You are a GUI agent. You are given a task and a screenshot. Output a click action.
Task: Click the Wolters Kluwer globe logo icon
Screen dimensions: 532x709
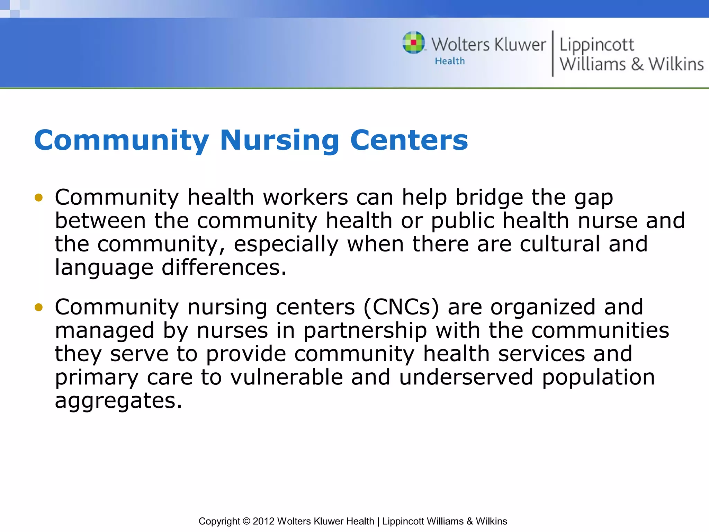[x=413, y=43]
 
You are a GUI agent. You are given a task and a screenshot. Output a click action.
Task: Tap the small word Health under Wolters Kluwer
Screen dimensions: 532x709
[x=450, y=61]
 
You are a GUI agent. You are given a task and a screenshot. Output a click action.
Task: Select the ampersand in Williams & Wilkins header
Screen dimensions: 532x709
[x=637, y=64]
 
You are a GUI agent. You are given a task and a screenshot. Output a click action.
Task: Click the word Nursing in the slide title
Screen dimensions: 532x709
[x=279, y=140]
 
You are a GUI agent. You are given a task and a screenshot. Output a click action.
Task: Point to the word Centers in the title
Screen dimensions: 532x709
[x=409, y=140]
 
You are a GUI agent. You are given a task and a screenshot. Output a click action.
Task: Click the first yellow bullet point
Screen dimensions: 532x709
[x=38, y=198]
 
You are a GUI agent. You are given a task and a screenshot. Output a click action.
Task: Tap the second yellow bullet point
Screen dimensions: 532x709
[x=38, y=307]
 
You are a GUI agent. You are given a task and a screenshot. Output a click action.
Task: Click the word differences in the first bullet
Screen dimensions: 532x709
[x=224, y=268]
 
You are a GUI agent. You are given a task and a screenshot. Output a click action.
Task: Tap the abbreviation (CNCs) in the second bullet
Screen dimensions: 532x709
[x=401, y=307]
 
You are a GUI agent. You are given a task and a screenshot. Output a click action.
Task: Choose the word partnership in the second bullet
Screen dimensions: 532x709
[x=365, y=331]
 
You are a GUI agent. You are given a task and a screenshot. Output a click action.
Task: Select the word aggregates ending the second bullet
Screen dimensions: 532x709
[x=118, y=401]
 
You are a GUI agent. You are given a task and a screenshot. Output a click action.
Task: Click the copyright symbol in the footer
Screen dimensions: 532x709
[x=246, y=521]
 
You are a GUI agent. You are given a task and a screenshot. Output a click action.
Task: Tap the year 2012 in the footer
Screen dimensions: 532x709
[x=263, y=521]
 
